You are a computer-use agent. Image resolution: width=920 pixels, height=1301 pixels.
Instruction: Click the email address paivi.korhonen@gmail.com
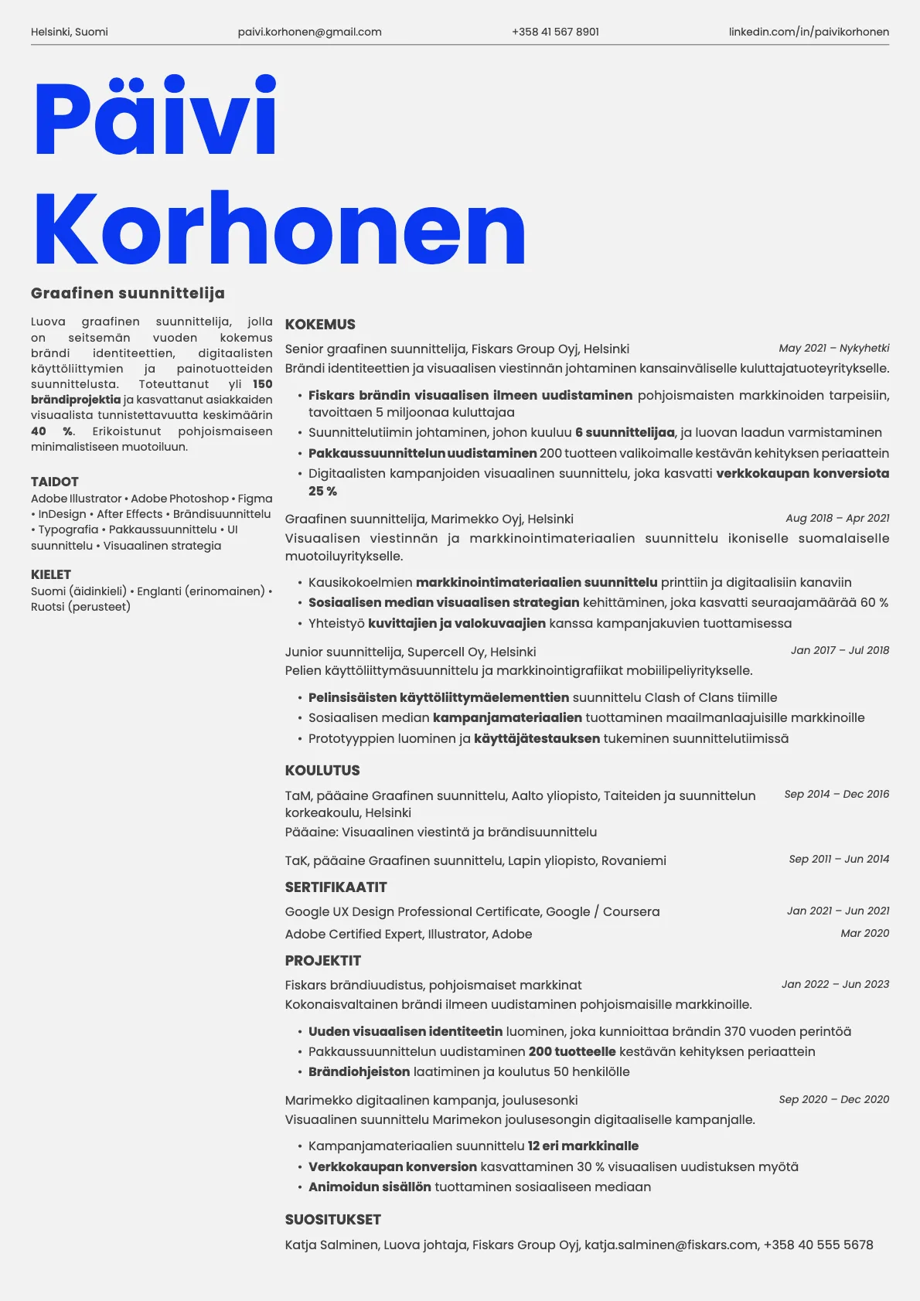pyautogui.click(x=309, y=32)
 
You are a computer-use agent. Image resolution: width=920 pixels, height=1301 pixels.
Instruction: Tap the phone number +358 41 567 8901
pyautogui.click(x=555, y=32)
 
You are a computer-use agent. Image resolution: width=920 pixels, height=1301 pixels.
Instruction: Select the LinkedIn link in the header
pyautogui.click(x=809, y=32)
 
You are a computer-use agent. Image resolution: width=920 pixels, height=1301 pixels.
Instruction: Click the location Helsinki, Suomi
pyautogui.click(x=70, y=32)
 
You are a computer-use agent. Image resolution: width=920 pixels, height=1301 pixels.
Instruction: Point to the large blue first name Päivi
pyautogui.click(x=155, y=118)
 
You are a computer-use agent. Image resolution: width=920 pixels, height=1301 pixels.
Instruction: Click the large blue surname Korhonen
pyautogui.click(x=279, y=230)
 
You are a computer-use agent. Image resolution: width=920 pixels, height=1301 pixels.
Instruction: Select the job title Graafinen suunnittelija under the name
pyautogui.click(x=128, y=293)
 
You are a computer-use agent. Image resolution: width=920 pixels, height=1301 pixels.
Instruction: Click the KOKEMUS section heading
pyautogui.click(x=320, y=325)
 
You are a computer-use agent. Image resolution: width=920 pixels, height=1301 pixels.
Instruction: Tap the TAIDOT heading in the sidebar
pyautogui.click(x=55, y=482)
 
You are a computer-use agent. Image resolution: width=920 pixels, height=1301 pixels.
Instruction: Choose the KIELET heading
pyautogui.click(x=51, y=574)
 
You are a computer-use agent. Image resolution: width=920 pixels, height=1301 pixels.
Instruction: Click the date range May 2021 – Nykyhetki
pyautogui.click(x=833, y=348)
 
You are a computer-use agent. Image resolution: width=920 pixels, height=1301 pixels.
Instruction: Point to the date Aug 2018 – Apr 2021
pyautogui.click(x=837, y=518)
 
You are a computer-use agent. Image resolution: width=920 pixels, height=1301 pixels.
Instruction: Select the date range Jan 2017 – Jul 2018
pyautogui.click(x=840, y=650)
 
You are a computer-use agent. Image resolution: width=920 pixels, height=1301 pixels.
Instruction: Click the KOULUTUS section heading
pyautogui.click(x=322, y=770)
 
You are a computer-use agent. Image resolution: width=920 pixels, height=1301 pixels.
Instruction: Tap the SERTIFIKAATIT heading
pyautogui.click(x=336, y=887)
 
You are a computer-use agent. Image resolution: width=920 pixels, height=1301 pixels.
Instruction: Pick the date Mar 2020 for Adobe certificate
pyautogui.click(x=864, y=933)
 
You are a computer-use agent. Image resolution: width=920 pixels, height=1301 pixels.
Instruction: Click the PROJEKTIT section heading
pyautogui.click(x=323, y=960)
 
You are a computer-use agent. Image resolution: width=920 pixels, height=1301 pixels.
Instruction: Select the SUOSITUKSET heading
pyautogui.click(x=332, y=1219)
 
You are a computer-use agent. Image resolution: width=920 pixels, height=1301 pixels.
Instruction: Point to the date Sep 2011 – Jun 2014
pyautogui.click(x=839, y=859)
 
